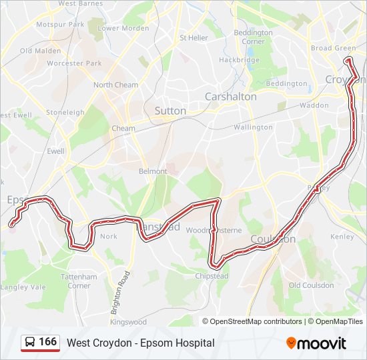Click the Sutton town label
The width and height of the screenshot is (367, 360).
pos(170,111)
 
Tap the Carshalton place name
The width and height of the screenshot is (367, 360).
pos(230,97)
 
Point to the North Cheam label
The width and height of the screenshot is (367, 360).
pos(115,85)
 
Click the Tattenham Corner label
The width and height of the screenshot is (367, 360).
pos(79,281)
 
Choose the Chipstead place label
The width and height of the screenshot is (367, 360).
pos(212,276)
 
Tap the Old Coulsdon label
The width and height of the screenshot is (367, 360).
pos(311,285)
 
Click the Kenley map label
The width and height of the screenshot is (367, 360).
pos(342,237)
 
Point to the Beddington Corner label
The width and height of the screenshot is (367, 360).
pos(254,37)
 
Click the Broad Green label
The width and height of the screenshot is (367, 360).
pos(333,48)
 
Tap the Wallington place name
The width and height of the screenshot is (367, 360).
pos(253,127)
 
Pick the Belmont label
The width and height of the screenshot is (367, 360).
pos(153,171)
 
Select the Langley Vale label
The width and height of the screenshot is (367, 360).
pos(23,287)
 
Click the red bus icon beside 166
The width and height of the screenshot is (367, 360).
pos(30,342)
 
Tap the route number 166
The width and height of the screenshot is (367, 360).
pos(47,342)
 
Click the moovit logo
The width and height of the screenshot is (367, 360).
pos(316,343)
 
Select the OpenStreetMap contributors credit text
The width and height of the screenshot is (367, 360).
pos(256,321)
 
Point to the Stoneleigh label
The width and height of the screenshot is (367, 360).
pos(65,113)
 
